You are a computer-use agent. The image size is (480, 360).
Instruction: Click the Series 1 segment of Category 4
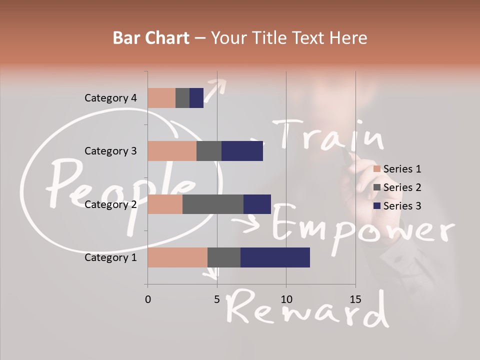[x=161, y=98]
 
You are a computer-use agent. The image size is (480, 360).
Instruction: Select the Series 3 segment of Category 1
[x=275, y=257]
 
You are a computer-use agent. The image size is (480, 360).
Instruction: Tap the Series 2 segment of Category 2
[x=213, y=204]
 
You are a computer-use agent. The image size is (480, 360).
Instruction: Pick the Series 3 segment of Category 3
[x=242, y=151]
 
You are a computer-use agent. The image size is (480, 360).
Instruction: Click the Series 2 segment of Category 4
[x=182, y=98]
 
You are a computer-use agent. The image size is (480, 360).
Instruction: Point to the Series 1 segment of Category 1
[x=177, y=257]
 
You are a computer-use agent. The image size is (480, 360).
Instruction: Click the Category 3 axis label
[x=110, y=151]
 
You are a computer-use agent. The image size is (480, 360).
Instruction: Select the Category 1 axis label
[x=110, y=257]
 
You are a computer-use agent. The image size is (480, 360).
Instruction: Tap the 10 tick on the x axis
[x=286, y=299]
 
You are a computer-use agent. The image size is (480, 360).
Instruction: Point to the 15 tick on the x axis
[x=355, y=299]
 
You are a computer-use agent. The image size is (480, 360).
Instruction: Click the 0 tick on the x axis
[x=147, y=299]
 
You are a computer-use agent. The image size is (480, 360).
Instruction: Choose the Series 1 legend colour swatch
[x=377, y=169]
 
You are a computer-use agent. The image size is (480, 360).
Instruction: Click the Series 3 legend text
[x=402, y=206]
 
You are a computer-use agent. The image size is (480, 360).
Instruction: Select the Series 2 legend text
[x=402, y=187]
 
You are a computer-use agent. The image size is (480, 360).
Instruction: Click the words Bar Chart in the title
[x=150, y=38]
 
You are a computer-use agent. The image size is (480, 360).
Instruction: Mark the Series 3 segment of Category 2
[x=257, y=204]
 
